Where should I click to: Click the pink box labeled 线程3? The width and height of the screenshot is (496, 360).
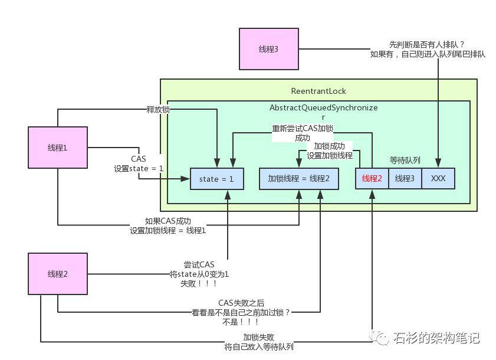click(x=268, y=48)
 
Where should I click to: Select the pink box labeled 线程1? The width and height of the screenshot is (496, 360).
click(x=57, y=147)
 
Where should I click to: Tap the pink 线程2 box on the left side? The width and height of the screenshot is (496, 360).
click(x=57, y=273)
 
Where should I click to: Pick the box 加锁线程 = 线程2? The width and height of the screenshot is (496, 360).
click(x=299, y=178)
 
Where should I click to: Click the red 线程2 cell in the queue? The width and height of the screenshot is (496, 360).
click(x=372, y=178)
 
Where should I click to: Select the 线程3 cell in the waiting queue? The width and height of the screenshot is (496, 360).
click(x=405, y=178)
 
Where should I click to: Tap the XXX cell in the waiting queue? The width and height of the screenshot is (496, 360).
click(x=438, y=178)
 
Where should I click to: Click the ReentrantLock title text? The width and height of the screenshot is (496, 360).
click(x=318, y=91)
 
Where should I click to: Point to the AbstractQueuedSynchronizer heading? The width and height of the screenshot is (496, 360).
click(x=323, y=112)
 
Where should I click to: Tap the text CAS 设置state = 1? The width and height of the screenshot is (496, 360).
click(x=139, y=163)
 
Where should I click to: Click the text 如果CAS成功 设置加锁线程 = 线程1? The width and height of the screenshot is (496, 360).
click(x=167, y=225)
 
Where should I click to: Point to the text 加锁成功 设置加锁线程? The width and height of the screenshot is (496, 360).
click(x=330, y=150)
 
